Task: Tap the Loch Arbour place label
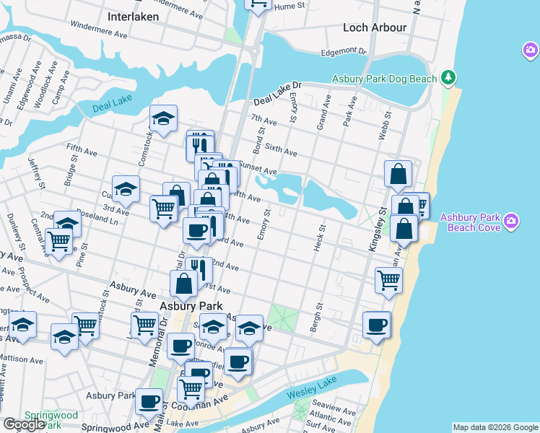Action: tap(375, 27)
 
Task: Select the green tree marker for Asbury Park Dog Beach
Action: tap(449, 76)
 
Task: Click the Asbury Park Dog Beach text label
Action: tap(384, 79)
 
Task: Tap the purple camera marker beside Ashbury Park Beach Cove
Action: tap(511, 219)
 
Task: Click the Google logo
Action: tap(25, 424)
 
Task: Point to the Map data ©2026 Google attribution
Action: tap(495, 427)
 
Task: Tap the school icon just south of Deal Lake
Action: tap(164, 119)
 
